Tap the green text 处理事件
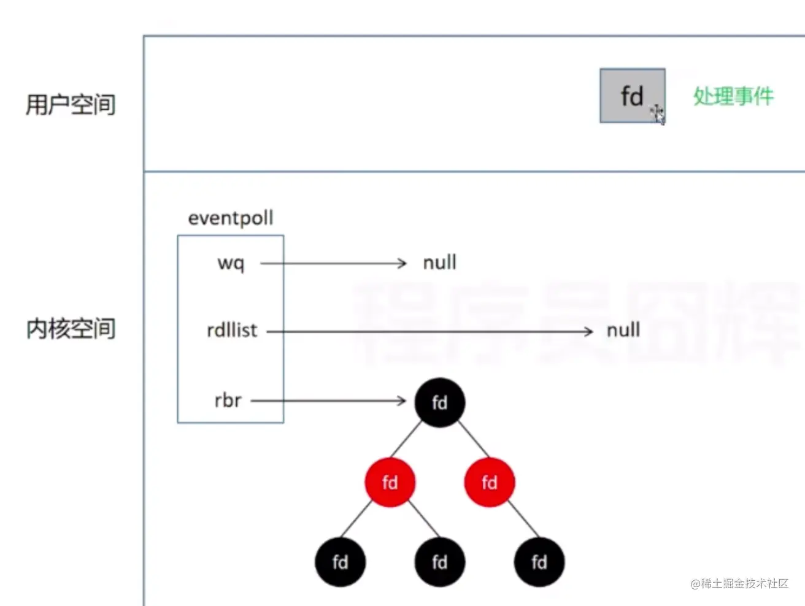(x=733, y=96)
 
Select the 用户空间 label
(x=71, y=104)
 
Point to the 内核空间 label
(x=71, y=329)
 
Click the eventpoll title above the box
(x=231, y=218)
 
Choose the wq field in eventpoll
(x=231, y=263)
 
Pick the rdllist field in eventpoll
(x=232, y=331)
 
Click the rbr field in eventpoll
(x=228, y=401)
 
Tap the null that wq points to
(x=439, y=263)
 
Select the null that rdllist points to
(x=623, y=331)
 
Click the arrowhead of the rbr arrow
(x=402, y=401)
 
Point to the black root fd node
(x=439, y=402)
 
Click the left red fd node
(x=390, y=482)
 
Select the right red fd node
(x=489, y=482)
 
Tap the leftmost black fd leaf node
(x=340, y=562)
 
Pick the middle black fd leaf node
(x=439, y=562)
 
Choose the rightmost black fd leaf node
(x=539, y=562)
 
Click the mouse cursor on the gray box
(x=658, y=114)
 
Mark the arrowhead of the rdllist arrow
(x=588, y=331)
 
